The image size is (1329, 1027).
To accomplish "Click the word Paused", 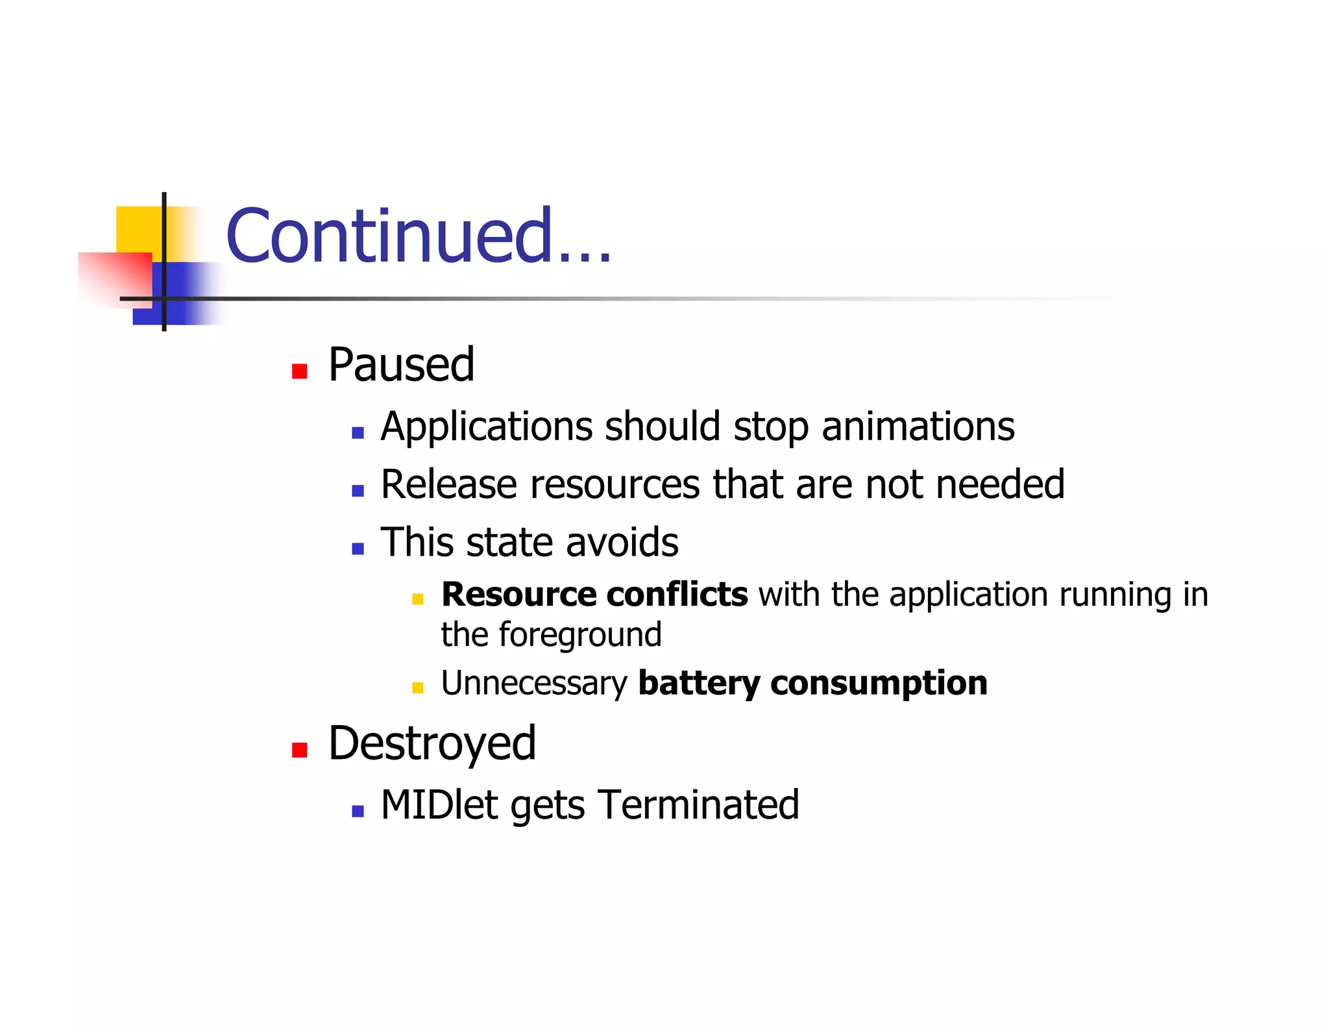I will tap(401, 365).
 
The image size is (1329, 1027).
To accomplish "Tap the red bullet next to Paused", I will tap(299, 371).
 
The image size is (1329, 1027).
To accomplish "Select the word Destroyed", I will tap(432, 743).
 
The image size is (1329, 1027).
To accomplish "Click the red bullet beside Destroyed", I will tap(299, 750).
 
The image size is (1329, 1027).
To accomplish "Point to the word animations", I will tap(918, 427).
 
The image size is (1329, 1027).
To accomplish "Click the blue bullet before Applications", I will tap(358, 433).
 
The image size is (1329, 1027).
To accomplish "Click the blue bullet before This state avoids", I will tap(358, 549).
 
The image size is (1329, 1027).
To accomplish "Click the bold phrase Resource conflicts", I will tap(594, 595).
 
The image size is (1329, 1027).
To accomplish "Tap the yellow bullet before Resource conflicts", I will tap(417, 599).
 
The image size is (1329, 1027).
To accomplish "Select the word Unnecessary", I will tap(534, 684).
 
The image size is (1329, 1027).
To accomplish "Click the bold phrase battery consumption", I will tap(812, 684).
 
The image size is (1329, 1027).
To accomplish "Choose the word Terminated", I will tap(698, 805).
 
